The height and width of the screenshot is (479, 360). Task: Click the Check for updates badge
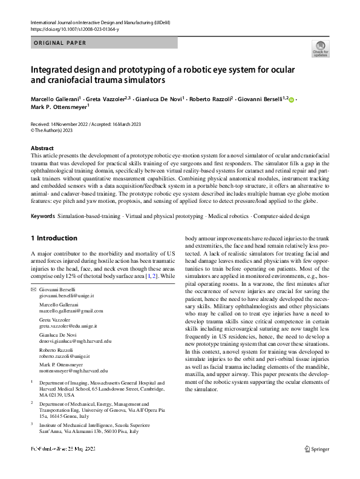click(321, 48)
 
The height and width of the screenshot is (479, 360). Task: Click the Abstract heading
click(42, 148)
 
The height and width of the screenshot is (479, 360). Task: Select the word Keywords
click(44, 216)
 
